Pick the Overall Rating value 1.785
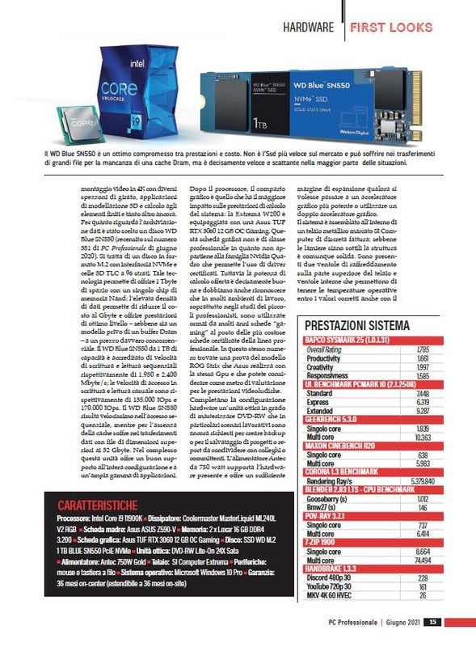point(422,349)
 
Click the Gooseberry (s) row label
point(329,500)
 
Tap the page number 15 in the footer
point(434,622)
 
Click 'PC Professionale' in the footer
point(353,622)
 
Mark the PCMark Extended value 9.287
point(421,411)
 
